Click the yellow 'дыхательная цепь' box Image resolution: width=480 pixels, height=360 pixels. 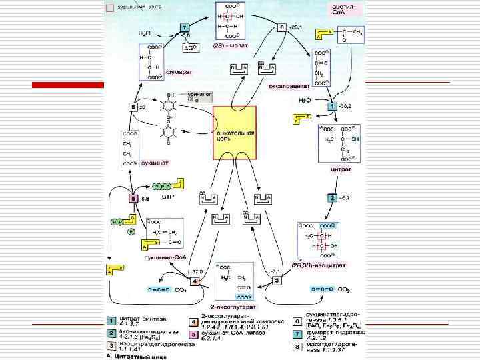pos(233,132)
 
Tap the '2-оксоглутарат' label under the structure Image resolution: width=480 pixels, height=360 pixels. pos(233,306)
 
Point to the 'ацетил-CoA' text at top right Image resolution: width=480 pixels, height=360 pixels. pos(347,9)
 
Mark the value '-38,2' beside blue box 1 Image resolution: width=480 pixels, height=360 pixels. pos(345,106)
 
